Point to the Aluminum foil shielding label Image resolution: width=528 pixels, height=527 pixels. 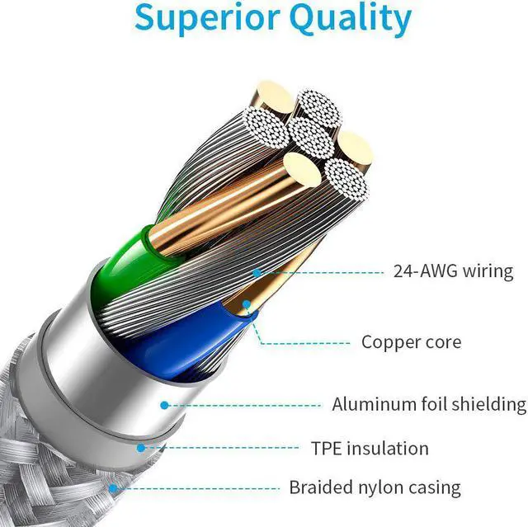pyautogui.click(x=428, y=404)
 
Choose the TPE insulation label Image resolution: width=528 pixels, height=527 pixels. pyautogui.click(x=370, y=449)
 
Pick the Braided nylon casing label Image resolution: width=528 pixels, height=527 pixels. pyautogui.click(x=375, y=487)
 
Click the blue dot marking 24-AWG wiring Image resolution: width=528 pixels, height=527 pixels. pyautogui.click(x=257, y=271)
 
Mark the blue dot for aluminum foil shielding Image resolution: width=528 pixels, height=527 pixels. pyautogui.click(x=164, y=405)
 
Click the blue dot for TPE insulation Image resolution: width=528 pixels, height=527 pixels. pyautogui.click(x=141, y=448)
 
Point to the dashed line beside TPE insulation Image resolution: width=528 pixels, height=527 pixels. pyautogui.click(x=223, y=448)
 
